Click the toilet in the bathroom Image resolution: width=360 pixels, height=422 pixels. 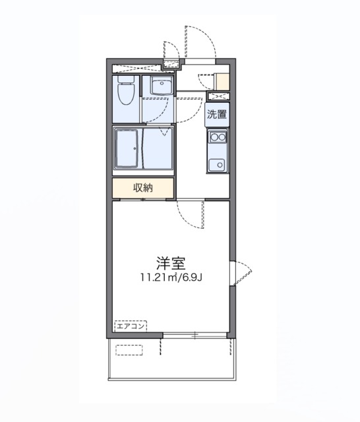coord(126,92)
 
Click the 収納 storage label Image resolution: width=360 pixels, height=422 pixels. coord(143,188)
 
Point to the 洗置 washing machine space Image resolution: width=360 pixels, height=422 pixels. coord(217,114)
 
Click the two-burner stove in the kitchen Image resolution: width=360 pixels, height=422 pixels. coord(217,137)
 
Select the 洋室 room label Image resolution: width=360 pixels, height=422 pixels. coord(170,263)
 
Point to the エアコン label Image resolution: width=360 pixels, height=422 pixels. coord(131,325)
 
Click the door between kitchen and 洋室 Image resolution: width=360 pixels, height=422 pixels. coord(192,214)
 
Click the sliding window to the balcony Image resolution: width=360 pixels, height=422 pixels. coord(195,336)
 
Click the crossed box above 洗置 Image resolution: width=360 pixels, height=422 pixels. coord(218,97)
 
